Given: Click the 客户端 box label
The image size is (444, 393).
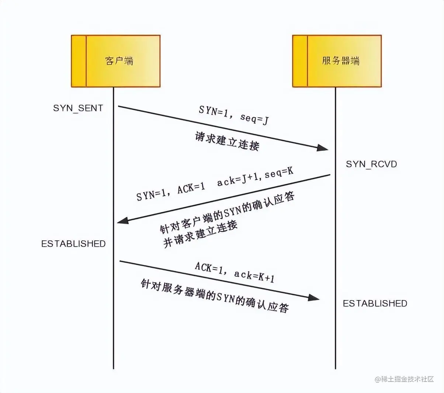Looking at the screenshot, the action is pos(119,61).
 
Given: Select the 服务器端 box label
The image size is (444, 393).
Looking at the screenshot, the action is pos(340,61).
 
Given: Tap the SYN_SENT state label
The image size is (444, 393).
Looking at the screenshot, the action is pos(78,108).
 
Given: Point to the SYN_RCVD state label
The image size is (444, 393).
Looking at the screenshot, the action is pos(371,164).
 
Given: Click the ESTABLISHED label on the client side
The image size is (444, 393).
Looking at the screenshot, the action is pos(73,244).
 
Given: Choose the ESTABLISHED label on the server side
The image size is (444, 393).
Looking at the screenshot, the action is pos(375,303).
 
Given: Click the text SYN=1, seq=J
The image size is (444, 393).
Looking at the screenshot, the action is pos(233,114).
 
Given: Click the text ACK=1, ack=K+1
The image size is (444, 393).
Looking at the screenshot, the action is pos(235,272).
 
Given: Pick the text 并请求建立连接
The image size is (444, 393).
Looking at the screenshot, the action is pos(200,234).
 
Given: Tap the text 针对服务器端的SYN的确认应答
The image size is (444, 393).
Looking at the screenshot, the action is pos(215,296).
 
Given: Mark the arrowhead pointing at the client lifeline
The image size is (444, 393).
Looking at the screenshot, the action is pos(122,221).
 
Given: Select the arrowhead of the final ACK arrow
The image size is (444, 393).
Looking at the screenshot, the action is pos(314,298).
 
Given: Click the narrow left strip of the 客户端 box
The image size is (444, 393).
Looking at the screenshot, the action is pos(79,61).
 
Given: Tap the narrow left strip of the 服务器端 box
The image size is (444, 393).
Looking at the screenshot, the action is pos(300,61).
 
